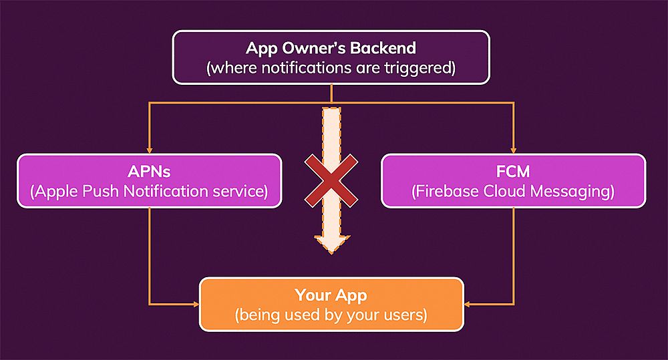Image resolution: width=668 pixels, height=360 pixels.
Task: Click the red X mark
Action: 331,179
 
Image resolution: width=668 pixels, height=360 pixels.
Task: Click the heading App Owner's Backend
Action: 331,48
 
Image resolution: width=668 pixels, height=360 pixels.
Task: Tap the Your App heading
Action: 331,295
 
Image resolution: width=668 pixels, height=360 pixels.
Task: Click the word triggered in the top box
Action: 419,67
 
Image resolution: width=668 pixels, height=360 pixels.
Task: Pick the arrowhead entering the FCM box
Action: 513,150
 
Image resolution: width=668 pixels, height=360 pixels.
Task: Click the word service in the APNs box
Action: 237,192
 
